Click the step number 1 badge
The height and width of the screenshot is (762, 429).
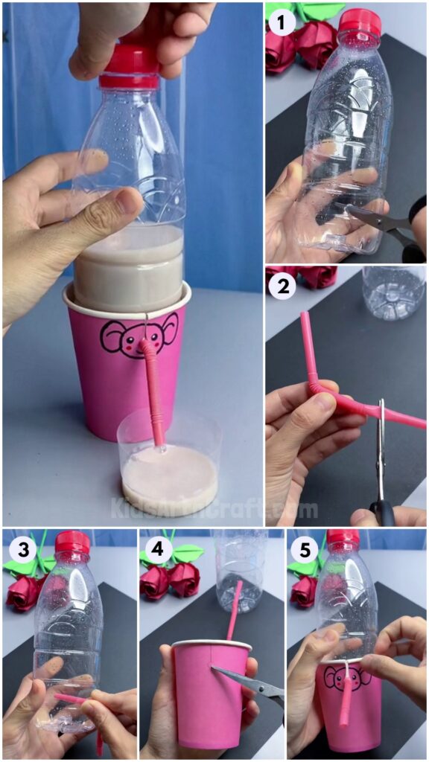pyautogui.click(x=282, y=23)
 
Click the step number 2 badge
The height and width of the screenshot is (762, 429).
pyautogui.click(x=283, y=286)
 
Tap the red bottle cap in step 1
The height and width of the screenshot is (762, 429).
pyautogui.click(x=360, y=25)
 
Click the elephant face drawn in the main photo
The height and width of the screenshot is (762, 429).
pyautogui.click(x=139, y=337)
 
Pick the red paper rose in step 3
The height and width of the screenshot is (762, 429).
pyautogui.click(x=22, y=592)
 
